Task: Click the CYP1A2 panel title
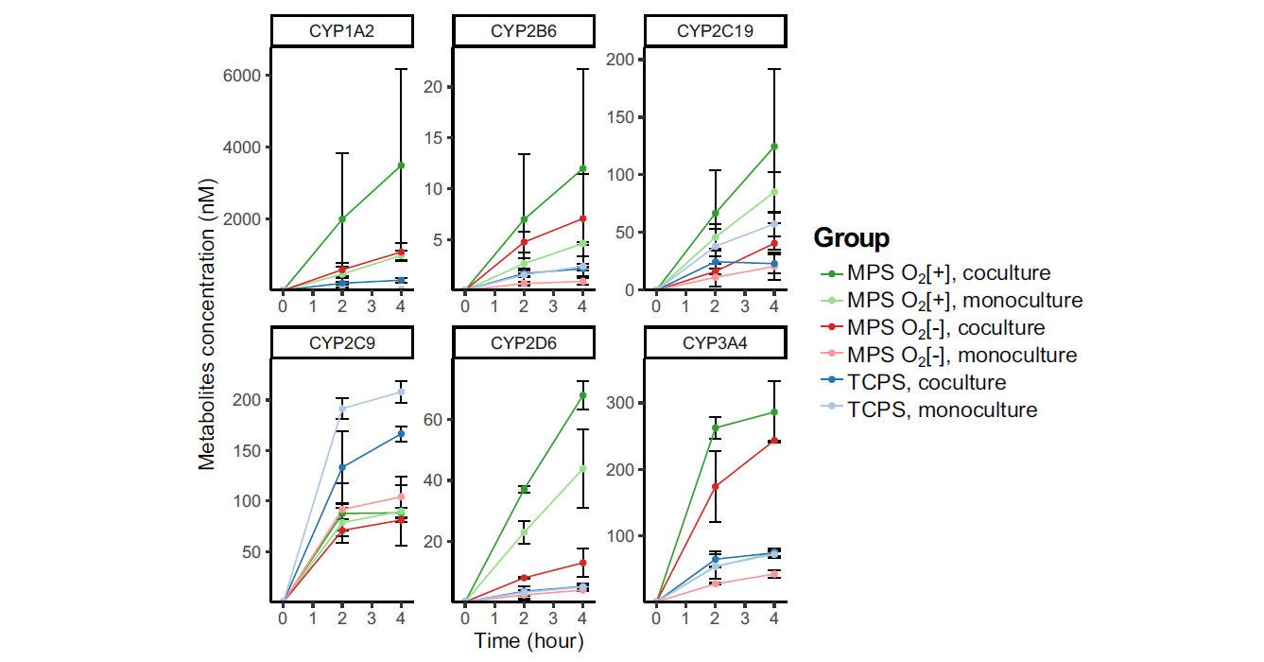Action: [341, 30]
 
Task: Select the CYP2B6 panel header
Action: [524, 30]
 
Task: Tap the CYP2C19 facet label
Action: [715, 30]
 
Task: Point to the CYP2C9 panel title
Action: [341, 343]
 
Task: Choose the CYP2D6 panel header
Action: [524, 343]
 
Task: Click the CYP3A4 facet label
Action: [715, 343]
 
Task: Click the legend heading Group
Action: [851, 237]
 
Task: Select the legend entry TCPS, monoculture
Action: [942, 410]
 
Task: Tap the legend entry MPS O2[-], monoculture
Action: [961, 356]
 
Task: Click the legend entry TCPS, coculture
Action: [926, 383]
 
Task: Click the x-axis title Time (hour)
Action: [528, 641]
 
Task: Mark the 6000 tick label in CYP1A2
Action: [241, 76]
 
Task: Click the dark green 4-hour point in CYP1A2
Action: [401, 165]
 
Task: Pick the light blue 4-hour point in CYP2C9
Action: [401, 392]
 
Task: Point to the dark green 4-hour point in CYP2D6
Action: [583, 395]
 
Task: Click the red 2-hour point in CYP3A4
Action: [716, 486]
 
